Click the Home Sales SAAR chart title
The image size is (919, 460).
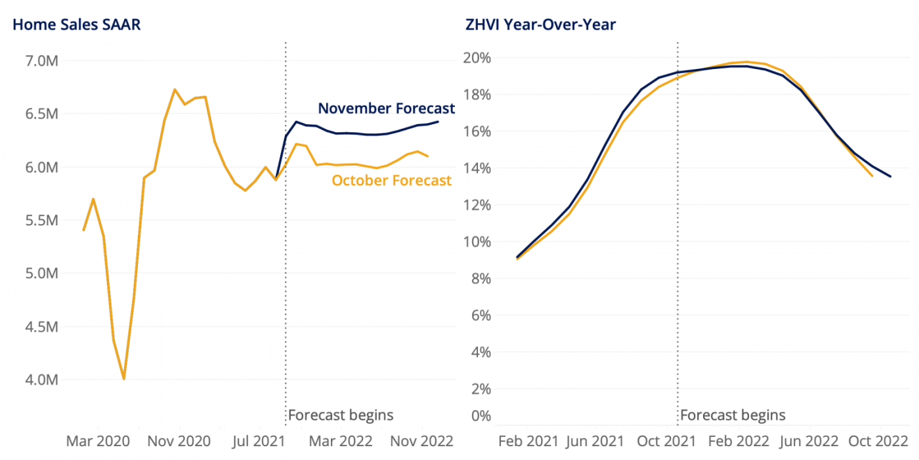pos(77,25)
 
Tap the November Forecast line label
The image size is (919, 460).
pos(386,108)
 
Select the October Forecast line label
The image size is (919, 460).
pos(392,180)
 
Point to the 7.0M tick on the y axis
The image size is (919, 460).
pos(41,61)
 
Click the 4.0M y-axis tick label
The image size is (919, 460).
pos(41,380)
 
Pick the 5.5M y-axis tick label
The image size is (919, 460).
pos(41,220)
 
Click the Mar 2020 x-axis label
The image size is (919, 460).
pos(98,440)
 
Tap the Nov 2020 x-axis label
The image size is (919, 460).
pos(179,440)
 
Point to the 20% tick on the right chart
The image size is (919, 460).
pos(478,58)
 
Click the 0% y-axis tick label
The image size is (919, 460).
pos(481,415)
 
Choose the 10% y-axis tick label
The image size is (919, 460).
pos(478,242)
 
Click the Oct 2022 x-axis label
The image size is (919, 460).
pos(878,440)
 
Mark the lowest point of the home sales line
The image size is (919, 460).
pos(123,379)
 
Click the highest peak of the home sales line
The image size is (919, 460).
pos(174,89)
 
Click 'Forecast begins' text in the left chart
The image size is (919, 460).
pos(341,415)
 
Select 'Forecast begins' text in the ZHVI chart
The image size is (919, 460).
pos(733,415)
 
